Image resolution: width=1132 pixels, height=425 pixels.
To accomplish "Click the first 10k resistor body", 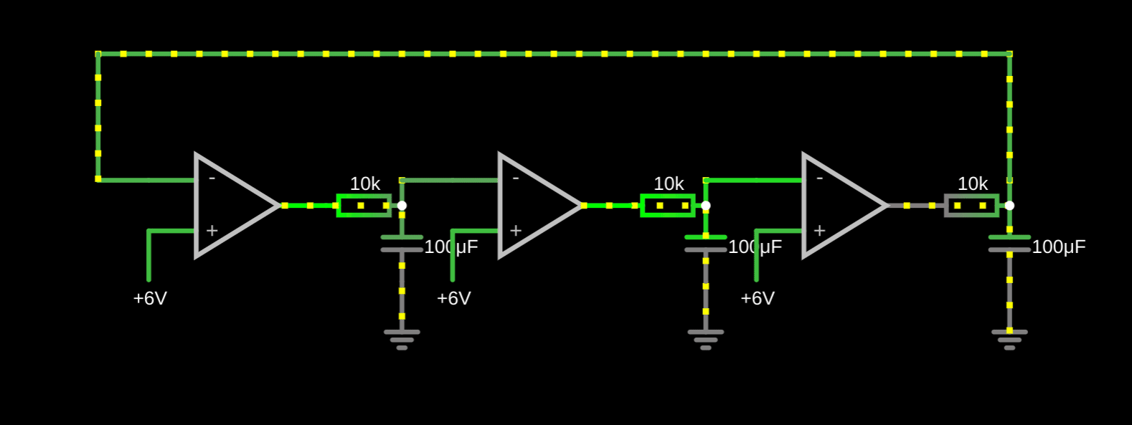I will tap(364, 206).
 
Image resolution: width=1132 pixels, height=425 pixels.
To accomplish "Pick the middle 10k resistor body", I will tap(668, 206).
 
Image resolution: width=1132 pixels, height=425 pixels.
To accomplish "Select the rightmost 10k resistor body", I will tap(971, 206).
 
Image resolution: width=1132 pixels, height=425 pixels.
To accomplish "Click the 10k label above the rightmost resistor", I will tap(972, 184).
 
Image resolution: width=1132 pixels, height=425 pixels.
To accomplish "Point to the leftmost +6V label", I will tap(150, 298).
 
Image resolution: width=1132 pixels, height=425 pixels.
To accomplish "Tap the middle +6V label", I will tap(453, 298).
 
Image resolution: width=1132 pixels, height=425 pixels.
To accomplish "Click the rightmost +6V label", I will tap(758, 298).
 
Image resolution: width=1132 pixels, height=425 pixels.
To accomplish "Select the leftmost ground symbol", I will tap(402, 339).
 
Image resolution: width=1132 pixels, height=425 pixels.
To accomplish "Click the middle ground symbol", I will tap(706, 339).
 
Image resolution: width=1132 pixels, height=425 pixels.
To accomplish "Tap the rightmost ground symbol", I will tap(1009, 339).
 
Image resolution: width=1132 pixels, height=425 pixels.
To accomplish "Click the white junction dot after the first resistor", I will tap(402, 206).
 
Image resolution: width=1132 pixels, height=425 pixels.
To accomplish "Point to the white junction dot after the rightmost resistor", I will tap(1009, 206).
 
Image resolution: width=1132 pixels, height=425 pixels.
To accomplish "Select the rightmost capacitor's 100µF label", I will tap(1058, 247).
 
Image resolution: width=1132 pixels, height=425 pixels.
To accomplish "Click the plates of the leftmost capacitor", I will tap(402, 244).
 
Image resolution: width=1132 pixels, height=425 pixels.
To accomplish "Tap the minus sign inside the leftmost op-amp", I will tap(212, 178).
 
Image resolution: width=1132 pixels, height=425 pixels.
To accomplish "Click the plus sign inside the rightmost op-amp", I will tap(819, 231).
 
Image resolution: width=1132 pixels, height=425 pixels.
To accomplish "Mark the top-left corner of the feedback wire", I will tap(98, 54).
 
